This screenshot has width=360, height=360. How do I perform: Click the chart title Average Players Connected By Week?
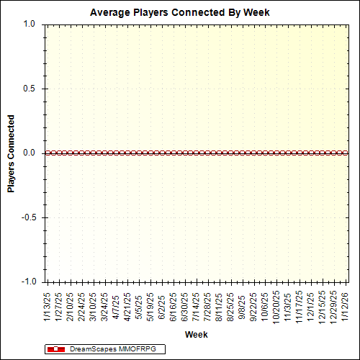click(181, 12)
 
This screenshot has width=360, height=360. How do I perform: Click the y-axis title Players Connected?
click(12, 153)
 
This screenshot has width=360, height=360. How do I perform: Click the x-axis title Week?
click(196, 335)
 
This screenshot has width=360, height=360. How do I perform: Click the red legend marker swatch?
click(55, 349)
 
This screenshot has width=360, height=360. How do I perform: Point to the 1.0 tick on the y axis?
click(29, 24)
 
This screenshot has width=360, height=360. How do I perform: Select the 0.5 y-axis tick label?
click(29, 89)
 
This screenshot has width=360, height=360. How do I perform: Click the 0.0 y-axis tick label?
click(29, 153)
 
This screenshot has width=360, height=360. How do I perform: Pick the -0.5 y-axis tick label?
click(27, 217)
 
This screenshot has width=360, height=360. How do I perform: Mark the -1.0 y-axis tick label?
click(27, 282)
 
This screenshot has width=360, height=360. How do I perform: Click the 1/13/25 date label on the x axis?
click(48, 305)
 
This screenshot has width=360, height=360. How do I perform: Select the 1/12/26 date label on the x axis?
click(346, 305)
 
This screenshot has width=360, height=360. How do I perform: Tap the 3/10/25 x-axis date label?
click(94, 305)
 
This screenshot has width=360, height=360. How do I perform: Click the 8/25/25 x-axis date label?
click(231, 305)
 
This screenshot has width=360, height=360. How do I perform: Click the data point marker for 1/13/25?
click(47, 153)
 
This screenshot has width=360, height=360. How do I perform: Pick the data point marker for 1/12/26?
click(346, 153)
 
